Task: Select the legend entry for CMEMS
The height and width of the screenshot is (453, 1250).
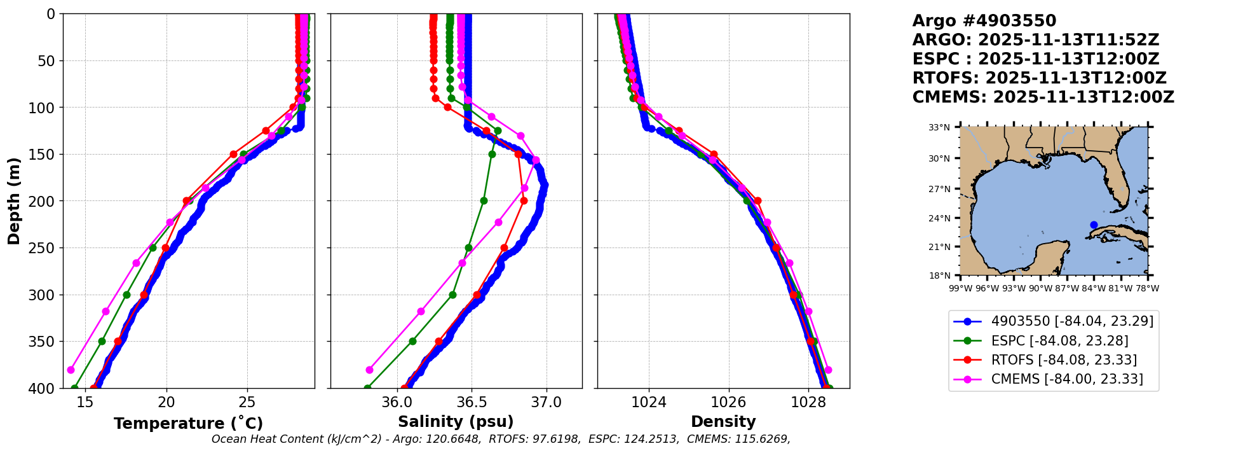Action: pyautogui.click(x=1066, y=379)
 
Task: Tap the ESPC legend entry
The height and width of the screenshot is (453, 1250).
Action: pyautogui.click(x=1059, y=340)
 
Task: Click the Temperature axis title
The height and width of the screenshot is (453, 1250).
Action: pyautogui.click(x=188, y=424)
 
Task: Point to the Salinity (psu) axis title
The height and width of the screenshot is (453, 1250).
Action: pyautogui.click(x=456, y=422)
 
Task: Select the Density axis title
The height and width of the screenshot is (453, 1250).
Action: pyautogui.click(x=723, y=422)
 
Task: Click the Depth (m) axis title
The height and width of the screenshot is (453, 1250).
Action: pyautogui.click(x=13, y=201)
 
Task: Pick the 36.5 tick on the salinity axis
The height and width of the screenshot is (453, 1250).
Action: pyautogui.click(x=472, y=402)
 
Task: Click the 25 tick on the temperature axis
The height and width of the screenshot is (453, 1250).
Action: pyautogui.click(x=247, y=402)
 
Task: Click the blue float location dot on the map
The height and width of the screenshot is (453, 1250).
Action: pyautogui.click(x=1094, y=225)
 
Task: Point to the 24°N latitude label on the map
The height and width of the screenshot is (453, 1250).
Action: pyautogui.click(x=939, y=218)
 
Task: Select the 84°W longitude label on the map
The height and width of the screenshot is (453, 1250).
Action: pyautogui.click(x=1094, y=288)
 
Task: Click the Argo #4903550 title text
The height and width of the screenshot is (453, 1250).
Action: pyautogui.click(x=984, y=21)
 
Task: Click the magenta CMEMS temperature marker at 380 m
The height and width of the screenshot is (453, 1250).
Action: pyautogui.click(x=71, y=370)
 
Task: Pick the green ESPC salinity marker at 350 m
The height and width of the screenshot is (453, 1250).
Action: pyautogui.click(x=412, y=341)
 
